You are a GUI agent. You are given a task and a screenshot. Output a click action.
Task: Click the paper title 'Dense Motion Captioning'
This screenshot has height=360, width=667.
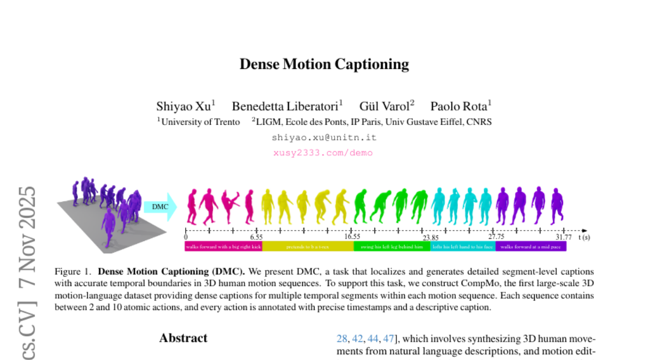coord(324,64)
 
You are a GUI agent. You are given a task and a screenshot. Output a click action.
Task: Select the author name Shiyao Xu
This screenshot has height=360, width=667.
coord(186,106)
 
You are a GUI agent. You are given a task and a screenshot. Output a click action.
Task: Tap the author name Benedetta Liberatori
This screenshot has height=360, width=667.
coord(287,106)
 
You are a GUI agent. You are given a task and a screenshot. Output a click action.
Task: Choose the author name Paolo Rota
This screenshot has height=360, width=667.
coord(461,106)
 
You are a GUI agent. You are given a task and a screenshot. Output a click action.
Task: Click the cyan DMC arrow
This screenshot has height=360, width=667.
coord(160,207)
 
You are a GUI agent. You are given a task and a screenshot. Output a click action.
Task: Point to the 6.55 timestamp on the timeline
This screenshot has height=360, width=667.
coord(256,237)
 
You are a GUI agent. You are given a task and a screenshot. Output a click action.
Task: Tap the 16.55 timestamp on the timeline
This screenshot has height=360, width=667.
coord(351,237)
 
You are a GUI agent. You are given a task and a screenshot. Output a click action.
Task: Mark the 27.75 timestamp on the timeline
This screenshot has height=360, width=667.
coord(496,237)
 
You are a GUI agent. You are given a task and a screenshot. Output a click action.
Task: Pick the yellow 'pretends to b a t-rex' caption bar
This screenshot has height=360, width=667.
coord(307,247)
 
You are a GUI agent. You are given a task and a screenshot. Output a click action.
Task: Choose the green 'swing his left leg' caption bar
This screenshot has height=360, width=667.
coord(391,247)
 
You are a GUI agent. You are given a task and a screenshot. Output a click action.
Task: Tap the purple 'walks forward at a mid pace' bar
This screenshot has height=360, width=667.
coord(531,247)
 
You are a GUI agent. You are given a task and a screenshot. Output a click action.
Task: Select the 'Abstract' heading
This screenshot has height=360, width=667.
coord(183,338)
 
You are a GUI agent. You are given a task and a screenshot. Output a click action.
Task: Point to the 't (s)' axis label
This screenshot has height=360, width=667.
coord(584,237)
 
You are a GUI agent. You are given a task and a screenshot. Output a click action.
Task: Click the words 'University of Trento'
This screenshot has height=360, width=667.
coord(201,122)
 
